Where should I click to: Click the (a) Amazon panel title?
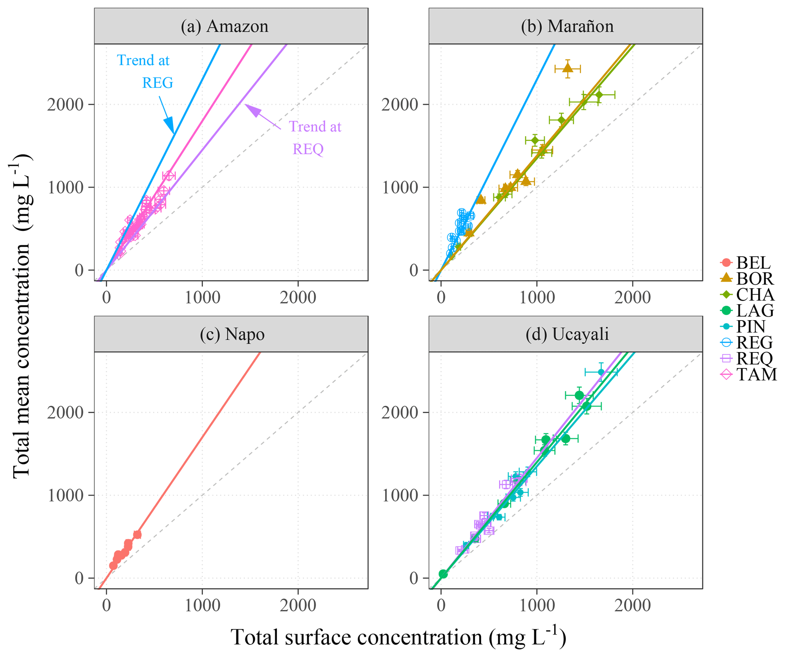(x=224, y=26)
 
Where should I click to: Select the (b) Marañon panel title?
(x=567, y=26)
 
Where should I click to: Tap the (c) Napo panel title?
(x=232, y=334)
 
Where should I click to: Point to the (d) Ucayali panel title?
(x=567, y=334)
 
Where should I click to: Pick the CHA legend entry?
(x=747, y=294)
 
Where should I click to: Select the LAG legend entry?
(x=747, y=310)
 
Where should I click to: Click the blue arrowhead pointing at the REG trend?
(x=169, y=125)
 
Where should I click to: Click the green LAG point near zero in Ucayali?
(x=443, y=574)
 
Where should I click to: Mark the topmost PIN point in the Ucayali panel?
(x=601, y=372)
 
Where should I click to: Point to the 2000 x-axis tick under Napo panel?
(x=298, y=605)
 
